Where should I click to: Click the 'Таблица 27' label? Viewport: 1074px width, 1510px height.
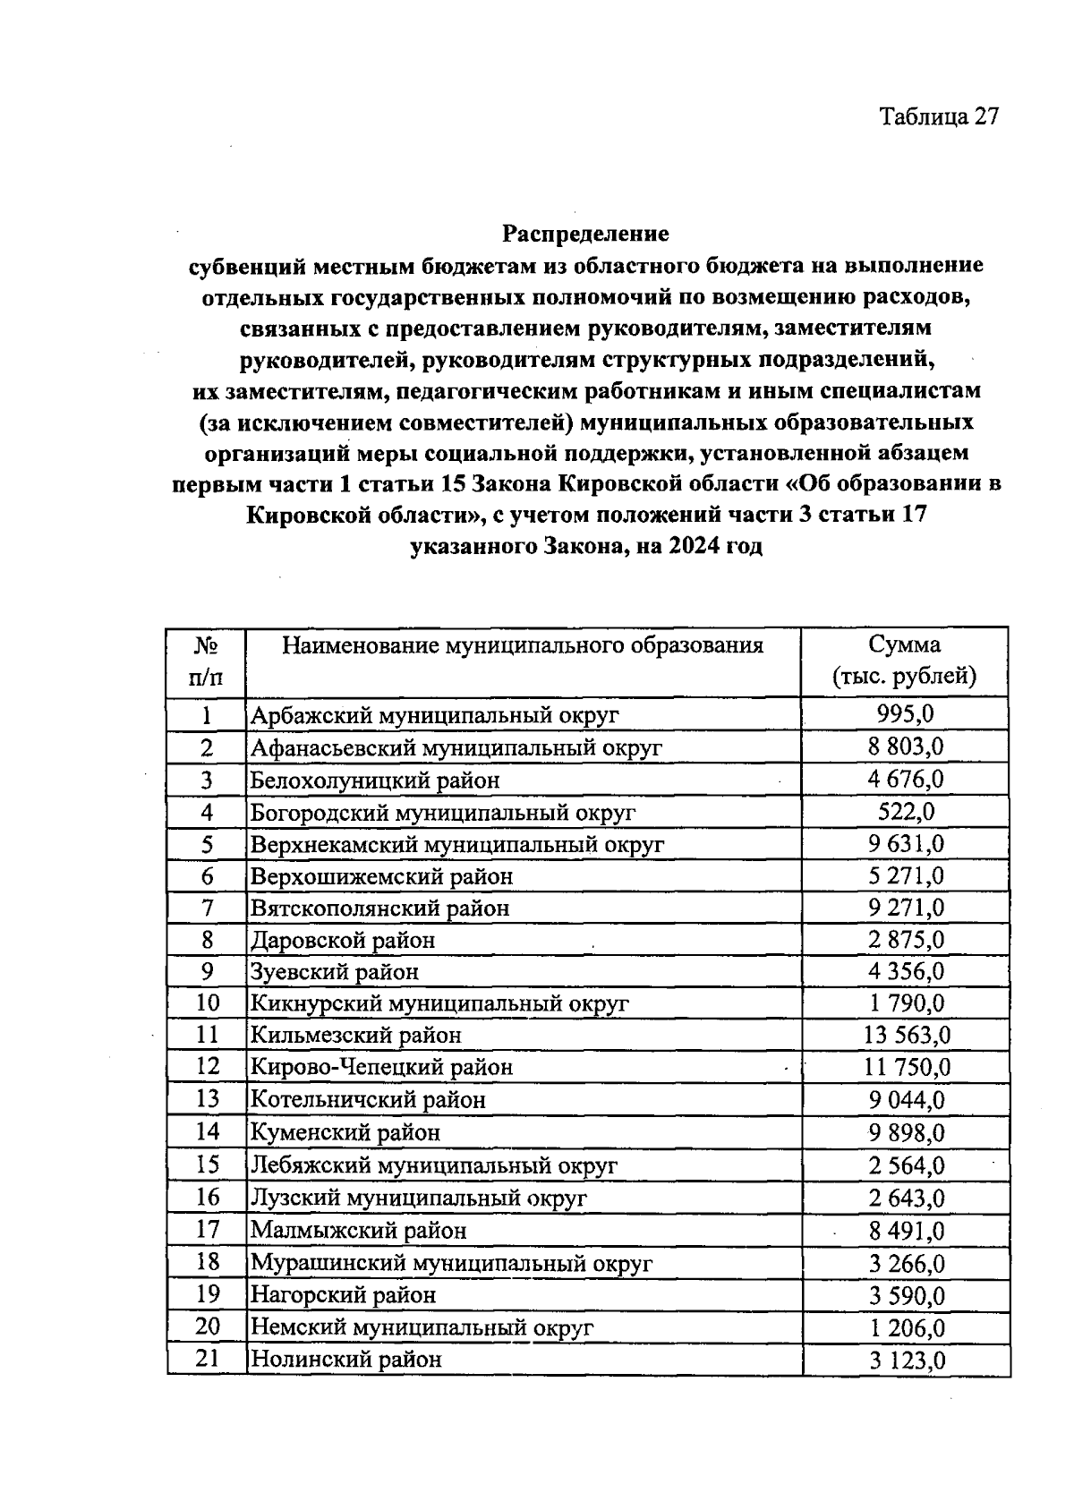click(x=938, y=117)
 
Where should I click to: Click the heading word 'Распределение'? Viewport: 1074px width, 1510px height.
click(x=585, y=235)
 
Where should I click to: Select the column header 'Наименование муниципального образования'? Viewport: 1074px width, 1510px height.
click(x=523, y=645)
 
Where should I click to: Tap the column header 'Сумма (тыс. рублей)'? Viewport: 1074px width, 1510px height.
click(x=904, y=661)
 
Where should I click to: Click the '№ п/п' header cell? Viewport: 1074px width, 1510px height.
click(x=207, y=661)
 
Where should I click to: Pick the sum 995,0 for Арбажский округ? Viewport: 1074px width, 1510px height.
click(x=905, y=714)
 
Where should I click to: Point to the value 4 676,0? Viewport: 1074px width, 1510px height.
click(x=905, y=779)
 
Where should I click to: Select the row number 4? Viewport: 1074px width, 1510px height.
click(x=207, y=812)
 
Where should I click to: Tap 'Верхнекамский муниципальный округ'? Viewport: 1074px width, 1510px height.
click(x=457, y=844)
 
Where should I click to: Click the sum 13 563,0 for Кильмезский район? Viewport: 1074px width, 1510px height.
click(x=906, y=1036)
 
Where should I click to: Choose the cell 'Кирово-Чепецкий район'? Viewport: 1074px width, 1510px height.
click(x=381, y=1067)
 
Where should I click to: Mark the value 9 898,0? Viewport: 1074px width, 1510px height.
click(x=906, y=1132)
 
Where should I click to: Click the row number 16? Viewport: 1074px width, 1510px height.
click(x=207, y=1197)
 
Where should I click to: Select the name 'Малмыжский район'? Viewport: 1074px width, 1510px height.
click(x=358, y=1230)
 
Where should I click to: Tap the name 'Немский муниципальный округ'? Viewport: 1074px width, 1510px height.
click(x=422, y=1327)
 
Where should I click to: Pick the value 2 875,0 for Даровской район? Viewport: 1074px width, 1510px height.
click(x=906, y=940)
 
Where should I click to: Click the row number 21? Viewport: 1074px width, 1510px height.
click(x=207, y=1359)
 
